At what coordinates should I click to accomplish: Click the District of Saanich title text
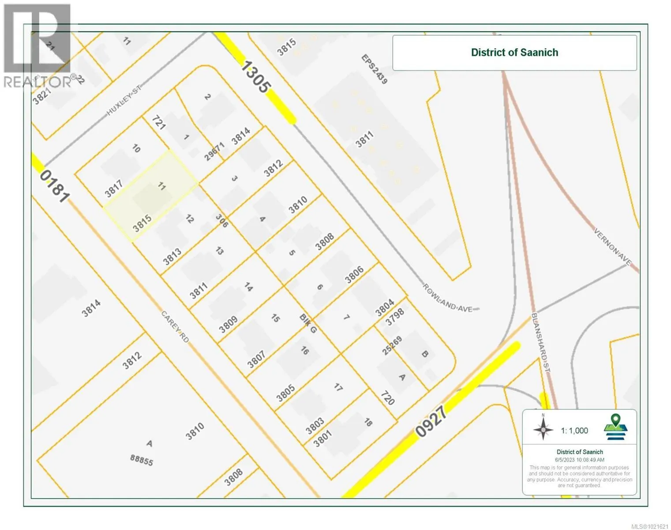(514, 53)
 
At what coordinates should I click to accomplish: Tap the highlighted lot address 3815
(142, 223)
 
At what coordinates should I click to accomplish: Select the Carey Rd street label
(175, 326)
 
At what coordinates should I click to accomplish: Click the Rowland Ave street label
(448, 298)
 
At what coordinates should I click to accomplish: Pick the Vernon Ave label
(613, 247)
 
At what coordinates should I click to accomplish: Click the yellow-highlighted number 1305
(256, 77)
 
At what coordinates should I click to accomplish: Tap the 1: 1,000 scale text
(574, 431)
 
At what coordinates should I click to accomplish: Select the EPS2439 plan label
(374, 69)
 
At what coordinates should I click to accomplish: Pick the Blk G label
(308, 323)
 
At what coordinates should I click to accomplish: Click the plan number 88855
(142, 460)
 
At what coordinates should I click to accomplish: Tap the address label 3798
(394, 317)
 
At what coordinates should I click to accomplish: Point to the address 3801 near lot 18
(322, 439)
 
